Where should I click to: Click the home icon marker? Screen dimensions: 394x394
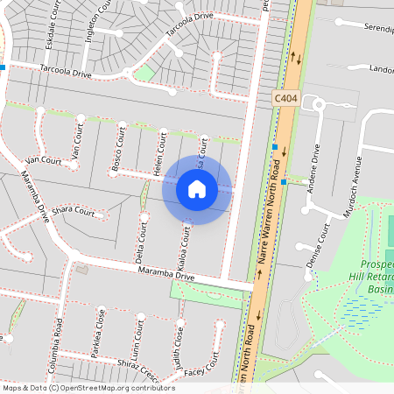[x=197, y=188]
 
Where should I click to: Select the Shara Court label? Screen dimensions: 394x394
[x=73, y=211]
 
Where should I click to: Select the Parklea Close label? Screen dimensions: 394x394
[x=102, y=332]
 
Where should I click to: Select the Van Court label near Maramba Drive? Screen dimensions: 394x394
[x=43, y=160]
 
